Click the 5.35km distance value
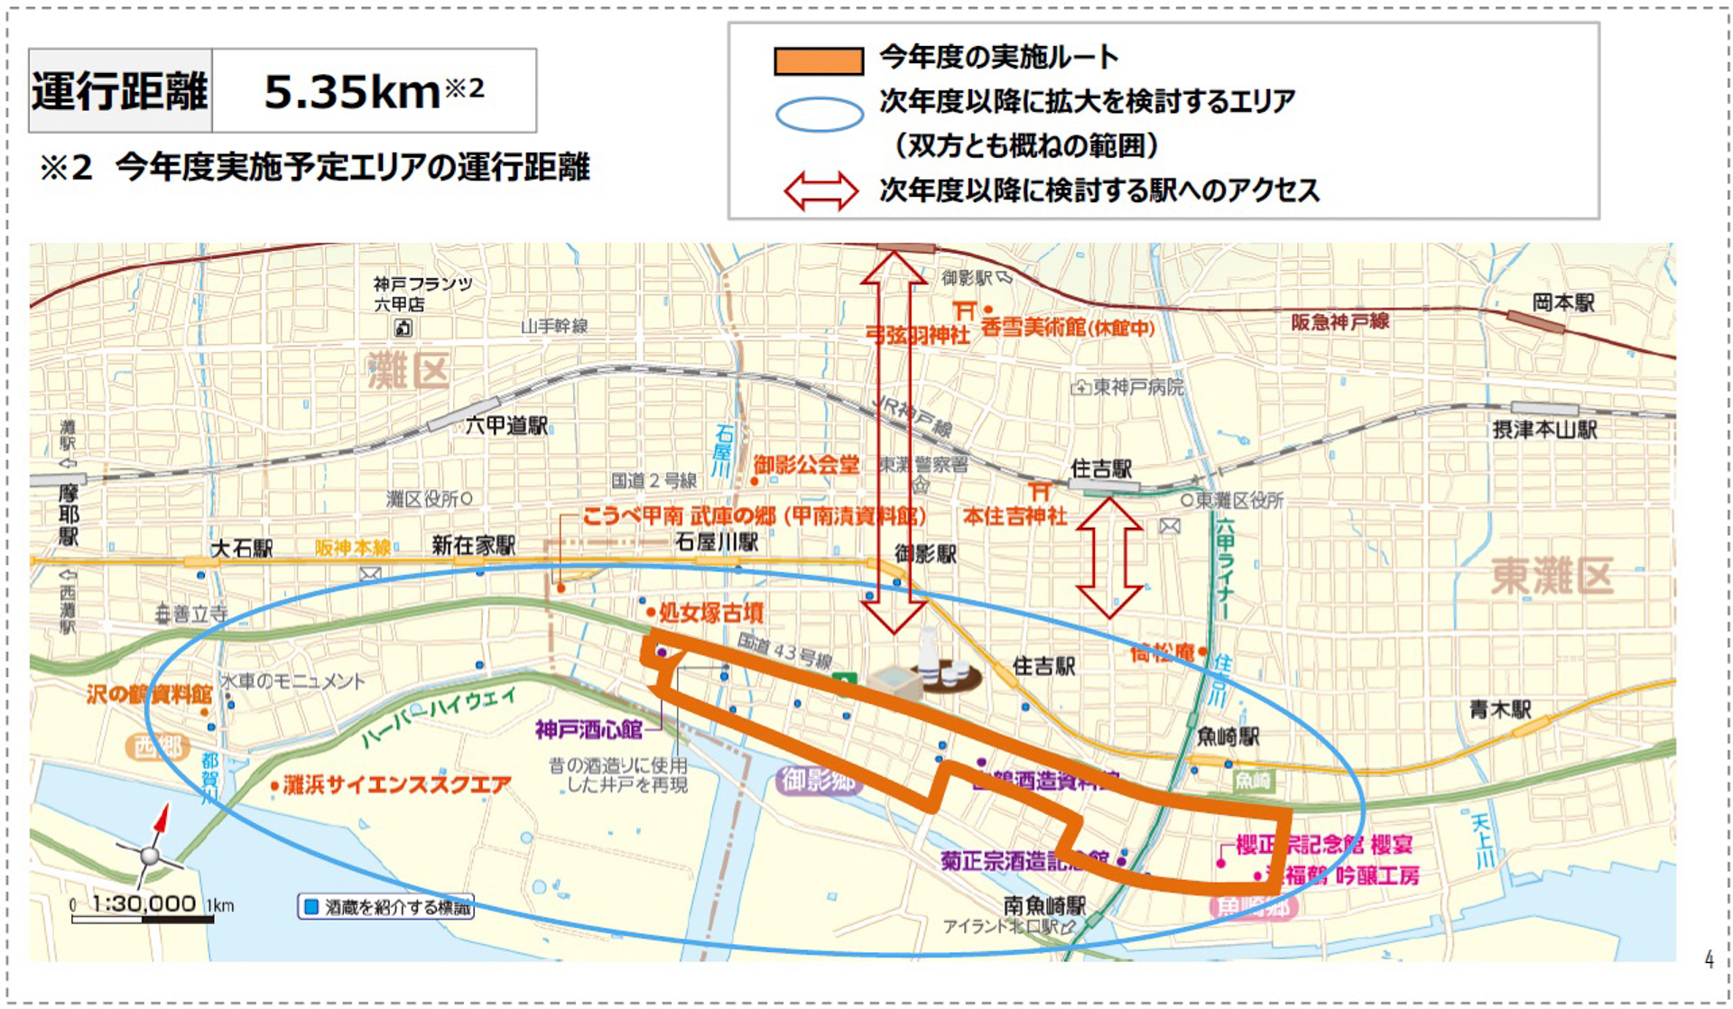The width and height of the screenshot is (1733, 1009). (352, 91)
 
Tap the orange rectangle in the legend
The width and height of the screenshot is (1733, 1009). (818, 60)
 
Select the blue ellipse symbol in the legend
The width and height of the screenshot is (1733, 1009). (819, 115)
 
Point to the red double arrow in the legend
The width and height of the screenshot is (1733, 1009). (820, 190)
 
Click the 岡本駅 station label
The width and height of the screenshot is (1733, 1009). (1562, 303)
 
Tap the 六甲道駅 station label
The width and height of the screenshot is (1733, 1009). (506, 425)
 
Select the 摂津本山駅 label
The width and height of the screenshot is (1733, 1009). (1544, 430)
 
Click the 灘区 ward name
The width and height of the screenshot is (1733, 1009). (408, 371)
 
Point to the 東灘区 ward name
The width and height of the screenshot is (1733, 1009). (1551, 576)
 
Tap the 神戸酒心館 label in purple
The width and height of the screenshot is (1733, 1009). (588, 729)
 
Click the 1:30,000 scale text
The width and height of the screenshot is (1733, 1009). (144, 903)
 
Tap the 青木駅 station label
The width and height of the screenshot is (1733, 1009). (1499, 709)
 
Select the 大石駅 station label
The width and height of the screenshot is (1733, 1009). (241, 549)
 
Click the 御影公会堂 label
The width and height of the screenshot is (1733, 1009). (806, 466)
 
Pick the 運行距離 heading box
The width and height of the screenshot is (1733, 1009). (120, 91)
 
